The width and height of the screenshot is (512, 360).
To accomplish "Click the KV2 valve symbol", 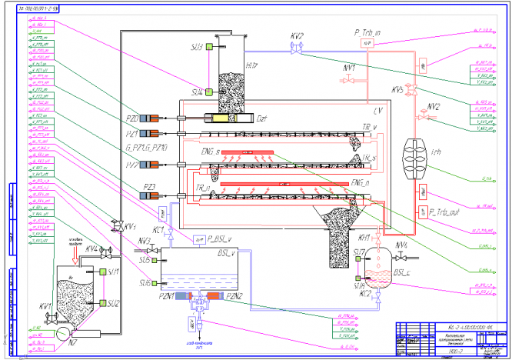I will pyautogui.click(x=292, y=48).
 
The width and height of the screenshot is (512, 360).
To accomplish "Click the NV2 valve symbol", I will pyautogui.click(x=421, y=116).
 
